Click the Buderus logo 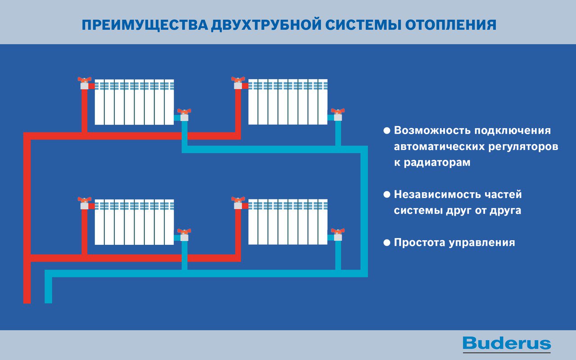tap(506, 344)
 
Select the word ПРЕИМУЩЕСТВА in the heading tap(144, 24)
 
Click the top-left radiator tap(134, 102)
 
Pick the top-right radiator tap(288, 102)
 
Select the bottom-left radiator tap(134, 222)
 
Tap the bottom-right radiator tap(288, 222)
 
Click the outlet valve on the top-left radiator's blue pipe tap(184, 114)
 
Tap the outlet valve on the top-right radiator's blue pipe tap(337, 114)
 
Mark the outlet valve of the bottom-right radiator tap(337, 234)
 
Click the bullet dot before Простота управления tap(387, 243)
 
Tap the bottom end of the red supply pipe tap(27, 300)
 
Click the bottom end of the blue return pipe tap(49, 300)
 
